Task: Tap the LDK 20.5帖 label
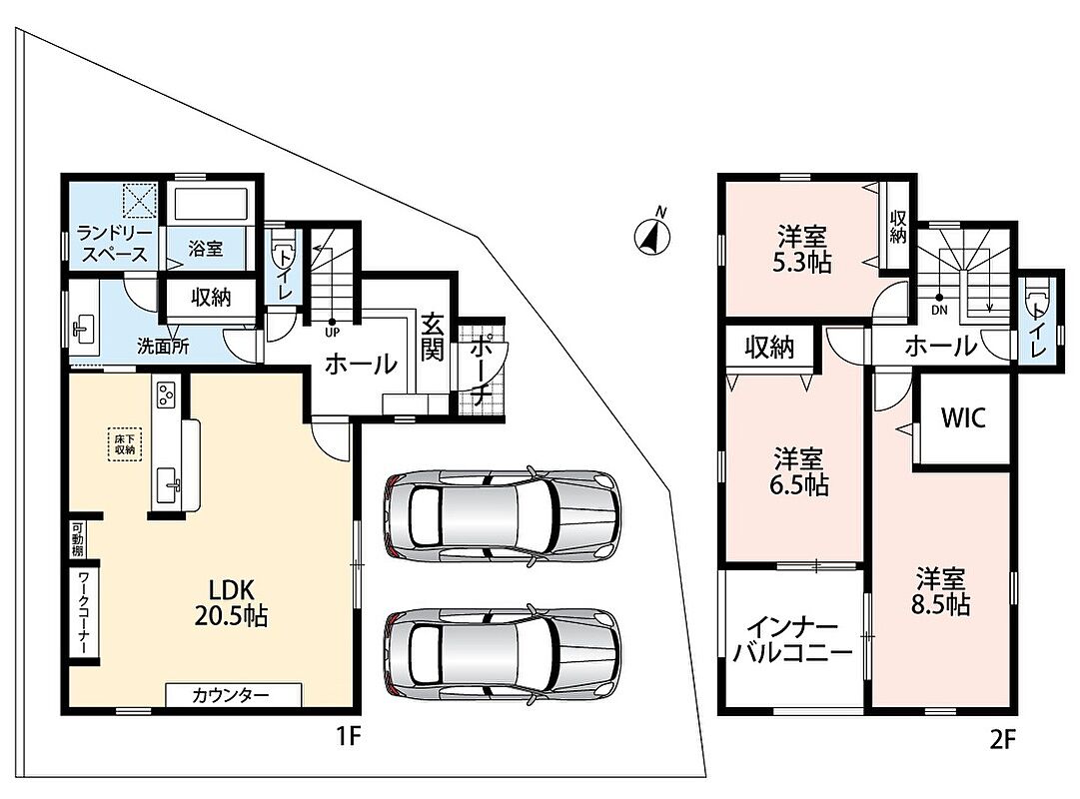pos(232,602)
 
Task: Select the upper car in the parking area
pos(502,515)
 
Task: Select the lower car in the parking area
pos(502,655)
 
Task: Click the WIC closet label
pos(963,417)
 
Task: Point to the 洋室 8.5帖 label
pos(940,591)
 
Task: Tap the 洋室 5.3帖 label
pos(802,250)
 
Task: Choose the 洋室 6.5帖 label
pos(798,471)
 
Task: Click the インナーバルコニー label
pos(792,640)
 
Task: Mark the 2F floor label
pos(1002,739)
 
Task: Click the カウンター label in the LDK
pos(230,695)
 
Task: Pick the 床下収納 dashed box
pos(125,444)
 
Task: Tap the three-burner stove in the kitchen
pos(166,395)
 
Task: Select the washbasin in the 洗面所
pos(83,328)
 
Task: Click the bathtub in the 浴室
pos(210,206)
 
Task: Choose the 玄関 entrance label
pos(432,337)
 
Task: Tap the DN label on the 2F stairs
pos(939,310)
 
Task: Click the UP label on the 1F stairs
pos(332,332)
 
